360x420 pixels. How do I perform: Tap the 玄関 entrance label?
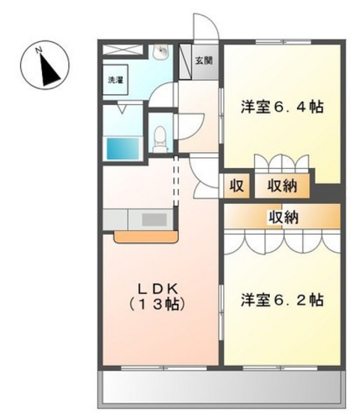(203, 61)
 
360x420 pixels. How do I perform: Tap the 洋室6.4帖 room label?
(281, 107)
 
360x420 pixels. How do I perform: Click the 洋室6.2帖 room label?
(281, 300)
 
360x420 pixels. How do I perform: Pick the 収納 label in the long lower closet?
(283, 217)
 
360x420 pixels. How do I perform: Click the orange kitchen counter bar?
(145, 236)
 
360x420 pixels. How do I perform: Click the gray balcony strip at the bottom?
(221, 388)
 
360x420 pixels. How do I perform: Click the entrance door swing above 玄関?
(203, 28)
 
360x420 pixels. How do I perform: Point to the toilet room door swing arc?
(186, 121)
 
